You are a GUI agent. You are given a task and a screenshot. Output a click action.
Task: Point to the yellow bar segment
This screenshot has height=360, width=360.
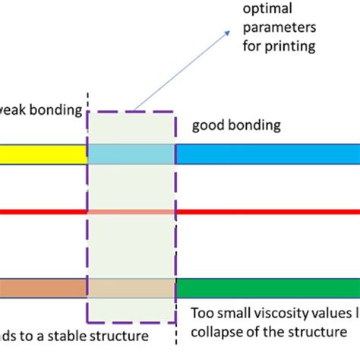43,154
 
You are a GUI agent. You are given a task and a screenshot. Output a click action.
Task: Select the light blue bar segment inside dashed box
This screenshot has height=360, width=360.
131,154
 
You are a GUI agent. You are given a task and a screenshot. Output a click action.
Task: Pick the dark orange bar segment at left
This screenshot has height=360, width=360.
43,289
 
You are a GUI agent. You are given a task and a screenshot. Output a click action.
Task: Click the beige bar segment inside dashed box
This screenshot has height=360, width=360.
131,289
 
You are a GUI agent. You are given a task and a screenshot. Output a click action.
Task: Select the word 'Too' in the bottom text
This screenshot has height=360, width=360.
197,314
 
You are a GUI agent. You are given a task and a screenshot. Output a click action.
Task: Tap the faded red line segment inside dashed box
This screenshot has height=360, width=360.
131,212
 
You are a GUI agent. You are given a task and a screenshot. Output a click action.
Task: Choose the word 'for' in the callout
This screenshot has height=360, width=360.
252,47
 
